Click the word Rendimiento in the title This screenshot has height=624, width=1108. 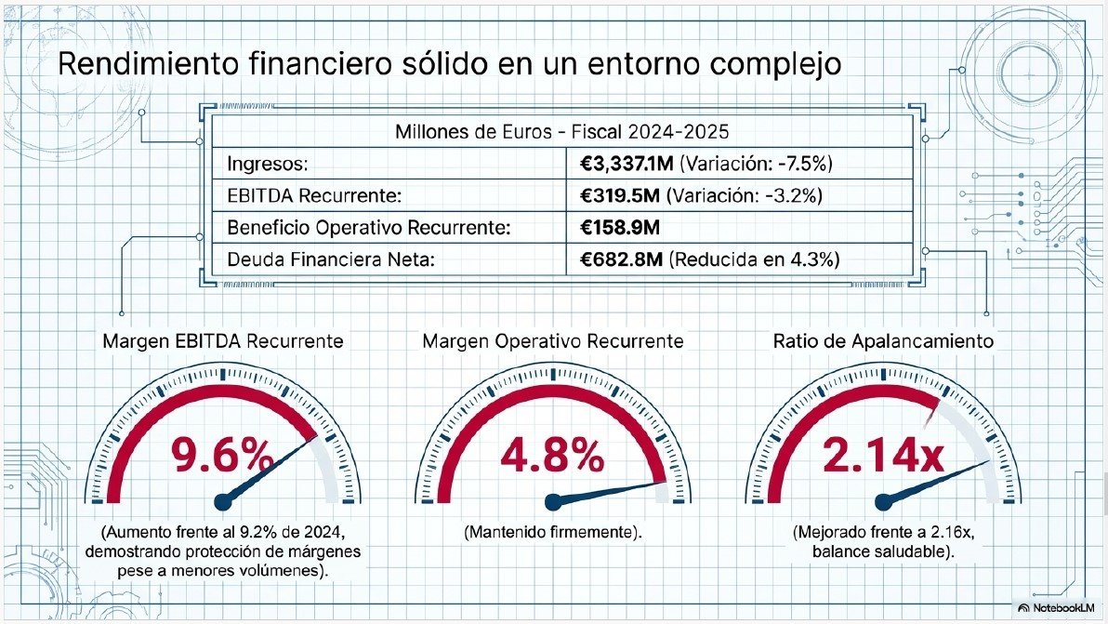pos(149,63)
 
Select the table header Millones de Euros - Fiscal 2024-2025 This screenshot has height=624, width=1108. pos(561,131)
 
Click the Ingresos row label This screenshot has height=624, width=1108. pos(268,165)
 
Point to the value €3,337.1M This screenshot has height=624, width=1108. pos(627,164)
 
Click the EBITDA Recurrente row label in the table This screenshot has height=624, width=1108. pos(314,195)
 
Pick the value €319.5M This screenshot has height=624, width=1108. pos(620,195)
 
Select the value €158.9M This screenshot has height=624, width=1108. pos(620,228)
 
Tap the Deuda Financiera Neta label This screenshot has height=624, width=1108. pos(331,259)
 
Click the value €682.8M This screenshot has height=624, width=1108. pos(621,259)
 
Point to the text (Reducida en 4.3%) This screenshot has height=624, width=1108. pos(754,259)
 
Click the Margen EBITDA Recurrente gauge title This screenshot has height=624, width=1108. pos(222,341)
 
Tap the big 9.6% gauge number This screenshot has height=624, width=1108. pos(222,455)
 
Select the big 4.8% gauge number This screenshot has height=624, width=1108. pos(552,455)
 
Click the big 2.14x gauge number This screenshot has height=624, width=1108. pos(883,455)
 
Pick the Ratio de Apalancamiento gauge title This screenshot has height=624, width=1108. pos(883,341)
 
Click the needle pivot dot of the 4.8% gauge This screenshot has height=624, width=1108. pos(553,502)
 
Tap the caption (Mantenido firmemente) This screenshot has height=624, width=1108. pos(552,532)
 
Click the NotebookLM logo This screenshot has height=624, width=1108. pos(1056,608)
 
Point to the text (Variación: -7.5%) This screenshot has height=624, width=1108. pos(756,164)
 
